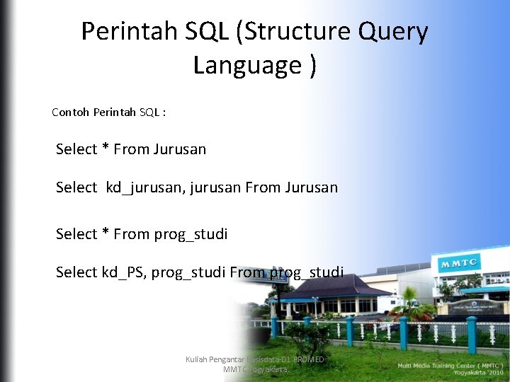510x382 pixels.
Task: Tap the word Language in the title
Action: pos(247,66)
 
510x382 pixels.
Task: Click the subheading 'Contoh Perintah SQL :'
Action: pos(109,112)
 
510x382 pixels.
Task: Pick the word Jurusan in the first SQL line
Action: pos(179,149)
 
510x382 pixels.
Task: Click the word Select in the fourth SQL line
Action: pos(76,272)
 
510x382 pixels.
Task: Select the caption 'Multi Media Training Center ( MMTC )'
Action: pos(450,365)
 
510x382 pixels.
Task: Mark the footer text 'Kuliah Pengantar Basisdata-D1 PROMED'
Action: pos(254,360)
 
